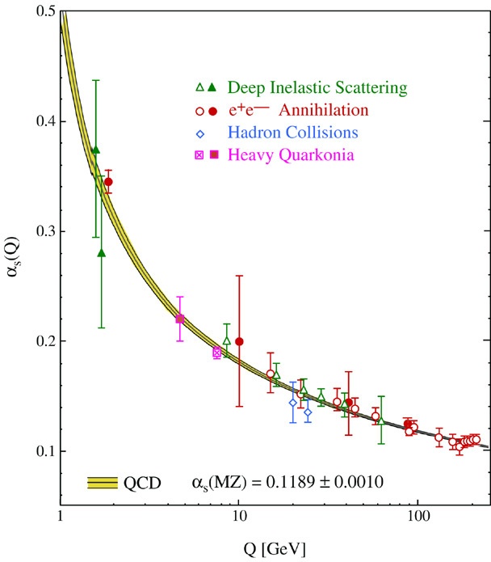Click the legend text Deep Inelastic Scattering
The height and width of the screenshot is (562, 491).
[317, 87]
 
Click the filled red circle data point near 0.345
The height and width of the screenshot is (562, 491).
[108, 182]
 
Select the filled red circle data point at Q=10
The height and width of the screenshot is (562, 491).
[239, 341]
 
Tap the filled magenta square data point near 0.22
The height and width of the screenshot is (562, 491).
[180, 319]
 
